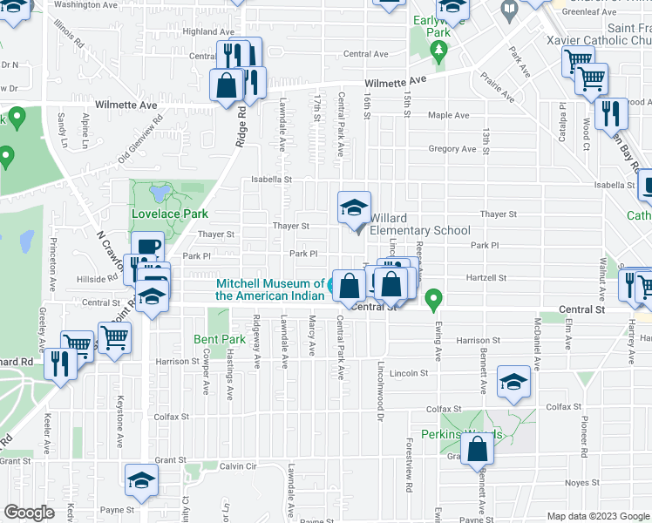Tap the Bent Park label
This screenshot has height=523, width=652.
(x=220, y=339)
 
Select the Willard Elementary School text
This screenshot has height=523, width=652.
(x=419, y=224)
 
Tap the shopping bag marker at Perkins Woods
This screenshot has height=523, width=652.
(x=478, y=450)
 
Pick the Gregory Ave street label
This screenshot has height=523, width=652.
(x=452, y=149)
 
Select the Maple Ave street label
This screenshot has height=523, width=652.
(x=448, y=115)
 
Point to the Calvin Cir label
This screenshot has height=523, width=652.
(x=237, y=466)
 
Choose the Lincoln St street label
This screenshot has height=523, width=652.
(x=410, y=373)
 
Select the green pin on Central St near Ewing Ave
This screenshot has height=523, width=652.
(x=433, y=302)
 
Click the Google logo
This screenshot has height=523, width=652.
(x=30, y=513)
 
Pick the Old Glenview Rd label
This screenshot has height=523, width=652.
(x=140, y=139)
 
